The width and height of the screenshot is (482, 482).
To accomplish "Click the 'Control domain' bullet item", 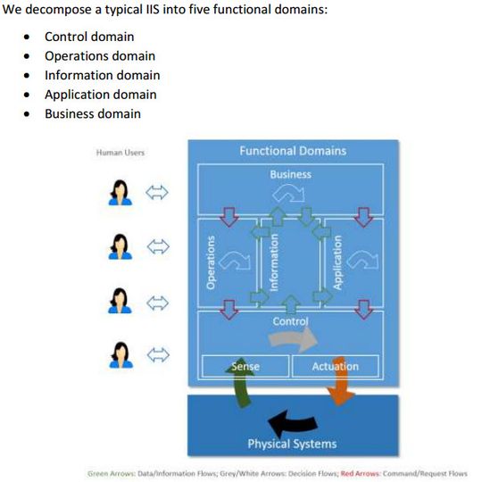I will (89, 37).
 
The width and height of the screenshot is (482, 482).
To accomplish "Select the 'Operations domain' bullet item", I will (100, 56).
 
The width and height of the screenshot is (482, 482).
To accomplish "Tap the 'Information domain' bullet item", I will (102, 75).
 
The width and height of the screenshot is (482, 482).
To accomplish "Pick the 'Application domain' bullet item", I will (100, 95).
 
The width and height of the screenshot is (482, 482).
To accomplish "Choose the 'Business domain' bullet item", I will (92, 113).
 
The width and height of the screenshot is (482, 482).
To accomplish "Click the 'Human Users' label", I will (120, 153).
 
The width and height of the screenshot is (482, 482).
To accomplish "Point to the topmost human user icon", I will (120, 193).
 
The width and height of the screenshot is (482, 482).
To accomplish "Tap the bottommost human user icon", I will (120, 355).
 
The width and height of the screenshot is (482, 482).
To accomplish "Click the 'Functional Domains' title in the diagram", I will (292, 151).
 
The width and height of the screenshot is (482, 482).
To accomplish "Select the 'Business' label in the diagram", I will (291, 174).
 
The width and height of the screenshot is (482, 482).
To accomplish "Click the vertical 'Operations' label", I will (212, 262).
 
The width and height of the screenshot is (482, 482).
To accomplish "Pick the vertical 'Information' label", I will (275, 262).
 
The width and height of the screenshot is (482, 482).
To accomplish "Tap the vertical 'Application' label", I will (337, 262).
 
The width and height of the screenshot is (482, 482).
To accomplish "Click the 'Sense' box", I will (245, 366).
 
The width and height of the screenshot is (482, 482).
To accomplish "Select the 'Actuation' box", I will (335, 366).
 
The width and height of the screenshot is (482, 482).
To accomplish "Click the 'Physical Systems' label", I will (291, 444).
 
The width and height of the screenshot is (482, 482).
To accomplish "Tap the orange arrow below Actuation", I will (342, 393).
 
